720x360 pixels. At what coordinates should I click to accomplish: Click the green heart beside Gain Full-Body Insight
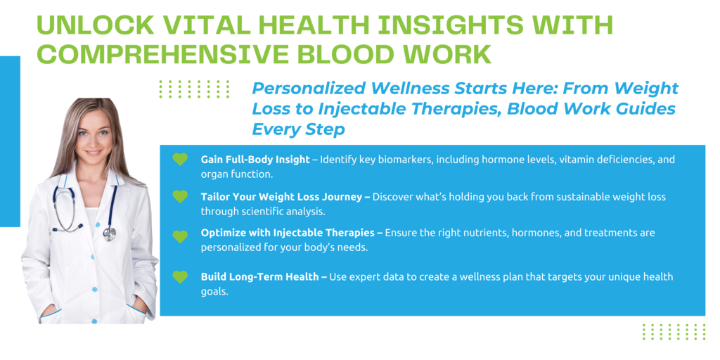(x=180, y=160)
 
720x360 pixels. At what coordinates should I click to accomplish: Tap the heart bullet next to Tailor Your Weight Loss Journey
(x=180, y=197)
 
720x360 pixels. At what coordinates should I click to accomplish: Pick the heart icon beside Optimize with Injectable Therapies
(x=180, y=236)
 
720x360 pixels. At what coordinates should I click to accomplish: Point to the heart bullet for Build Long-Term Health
(x=180, y=277)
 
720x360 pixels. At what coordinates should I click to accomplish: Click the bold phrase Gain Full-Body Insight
(x=255, y=160)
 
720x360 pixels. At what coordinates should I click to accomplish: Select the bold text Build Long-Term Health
(x=261, y=277)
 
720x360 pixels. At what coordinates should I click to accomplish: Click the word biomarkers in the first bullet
(x=411, y=160)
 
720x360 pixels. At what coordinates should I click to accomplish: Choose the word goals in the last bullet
(x=214, y=292)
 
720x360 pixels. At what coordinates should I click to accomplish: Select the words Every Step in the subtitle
(x=298, y=129)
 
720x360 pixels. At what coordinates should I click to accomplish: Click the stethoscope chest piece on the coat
(x=109, y=233)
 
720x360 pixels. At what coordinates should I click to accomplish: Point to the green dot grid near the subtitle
(x=194, y=89)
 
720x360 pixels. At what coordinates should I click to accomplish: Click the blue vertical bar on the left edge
(x=10, y=141)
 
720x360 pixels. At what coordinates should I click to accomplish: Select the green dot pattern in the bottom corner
(x=674, y=332)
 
